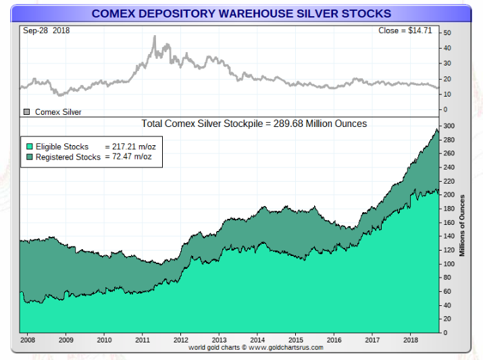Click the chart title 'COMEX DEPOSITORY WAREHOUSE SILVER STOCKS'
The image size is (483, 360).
point(241,14)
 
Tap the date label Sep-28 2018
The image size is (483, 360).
point(46,30)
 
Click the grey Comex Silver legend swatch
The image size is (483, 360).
point(27,112)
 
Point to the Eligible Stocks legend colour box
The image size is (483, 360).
point(29,147)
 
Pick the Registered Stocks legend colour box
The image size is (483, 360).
point(29,157)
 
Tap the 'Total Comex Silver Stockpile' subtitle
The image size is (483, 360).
point(254,124)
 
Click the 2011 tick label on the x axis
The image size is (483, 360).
point(143,339)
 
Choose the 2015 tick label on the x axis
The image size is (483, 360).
point(296,339)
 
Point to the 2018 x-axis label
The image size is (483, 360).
point(411,339)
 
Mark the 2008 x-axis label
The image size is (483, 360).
point(28,339)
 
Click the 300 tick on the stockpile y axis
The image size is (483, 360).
point(449,126)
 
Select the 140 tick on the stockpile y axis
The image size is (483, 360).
point(449,236)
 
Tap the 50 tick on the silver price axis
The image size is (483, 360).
point(447,32)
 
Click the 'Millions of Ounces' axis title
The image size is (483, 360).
point(463,226)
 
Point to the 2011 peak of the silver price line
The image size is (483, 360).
point(155,36)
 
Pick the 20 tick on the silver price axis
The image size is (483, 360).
point(447,79)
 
